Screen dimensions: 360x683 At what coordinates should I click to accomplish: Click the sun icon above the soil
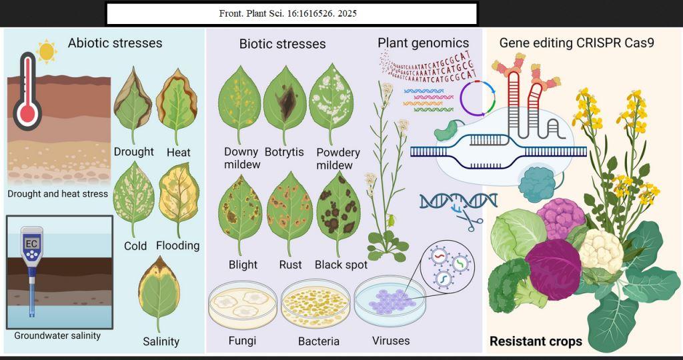(x=47, y=49)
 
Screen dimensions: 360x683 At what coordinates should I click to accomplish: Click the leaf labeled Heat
(x=178, y=105)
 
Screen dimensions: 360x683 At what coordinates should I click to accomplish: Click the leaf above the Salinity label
(x=159, y=293)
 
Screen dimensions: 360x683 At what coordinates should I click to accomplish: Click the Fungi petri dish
(x=242, y=306)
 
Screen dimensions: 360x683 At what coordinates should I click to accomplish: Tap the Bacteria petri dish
(x=316, y=306)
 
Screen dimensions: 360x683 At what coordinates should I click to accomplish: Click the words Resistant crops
(x=536, y=341)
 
